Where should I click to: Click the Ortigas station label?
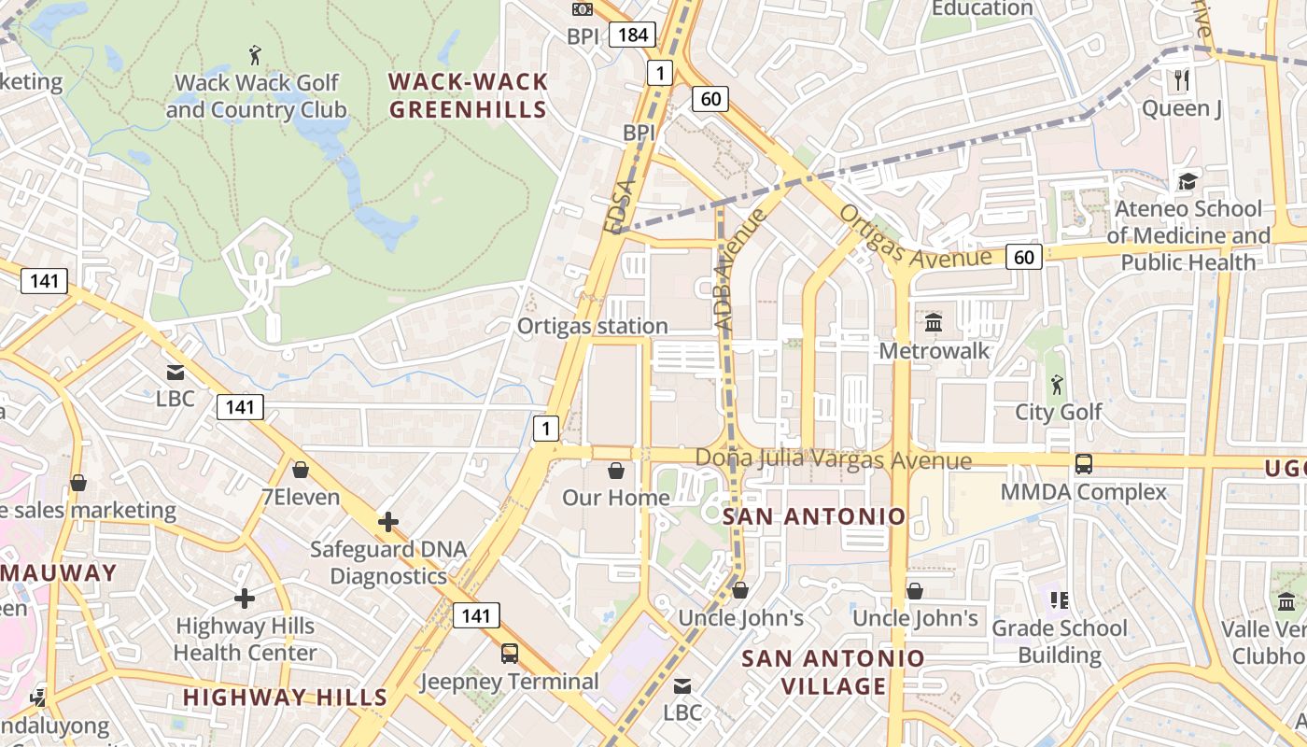point(593,326)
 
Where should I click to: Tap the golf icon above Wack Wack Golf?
point(255,55)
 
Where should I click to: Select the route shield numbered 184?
point(632,35)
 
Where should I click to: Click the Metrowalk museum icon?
point(933,323)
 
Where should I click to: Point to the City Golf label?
point(1059,412)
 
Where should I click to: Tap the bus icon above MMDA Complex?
point(1084,463)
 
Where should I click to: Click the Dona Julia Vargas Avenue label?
point(834,460)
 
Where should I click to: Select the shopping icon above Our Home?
point(616,470)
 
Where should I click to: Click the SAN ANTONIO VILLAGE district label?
point(833,672)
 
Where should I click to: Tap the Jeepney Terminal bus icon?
point(510,653)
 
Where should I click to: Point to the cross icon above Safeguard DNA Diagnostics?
point(388,522)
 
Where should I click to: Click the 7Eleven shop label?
point(300,497)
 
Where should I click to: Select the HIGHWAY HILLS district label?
point(285,697)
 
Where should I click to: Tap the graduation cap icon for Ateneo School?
point(1188,181)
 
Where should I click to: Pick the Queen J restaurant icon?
point(1182,80)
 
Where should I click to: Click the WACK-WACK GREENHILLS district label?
point(468,95)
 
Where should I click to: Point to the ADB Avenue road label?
point(739,269)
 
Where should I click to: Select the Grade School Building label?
point(1060,641)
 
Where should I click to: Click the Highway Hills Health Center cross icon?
point(245,598)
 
